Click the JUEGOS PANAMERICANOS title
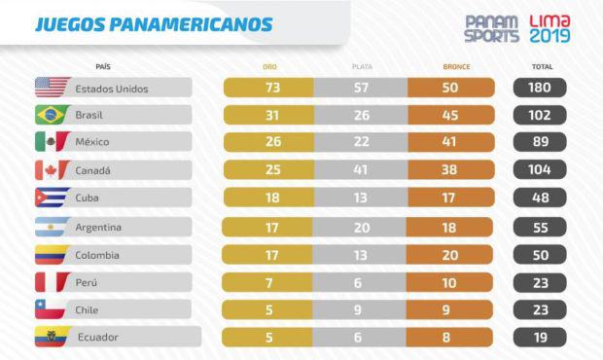pyautogui.click(x=154, y=23)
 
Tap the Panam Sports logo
pyautogui.click(x=491, y=28)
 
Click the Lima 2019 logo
pyautogui.click(x=550, y=28)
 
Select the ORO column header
pyautogui.click(x=269, y=67)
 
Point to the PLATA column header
pyautogui.click(x=361, y=67)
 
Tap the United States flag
pyautogui.click(x=52, y=88)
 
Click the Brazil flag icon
pyautogui.click(x=52, y=115)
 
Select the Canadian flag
pyautogui.click(x=52, y=170)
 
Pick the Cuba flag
pyautogui.click(x=52, y=198)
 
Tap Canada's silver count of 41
pyautogui.click(x=361, y=170)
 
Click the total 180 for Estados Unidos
pyautogui.click(x=540, y=88)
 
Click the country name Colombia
pyautogui.click(x=98, y=255)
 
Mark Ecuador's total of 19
pyautogui.click(x=540, y=338)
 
